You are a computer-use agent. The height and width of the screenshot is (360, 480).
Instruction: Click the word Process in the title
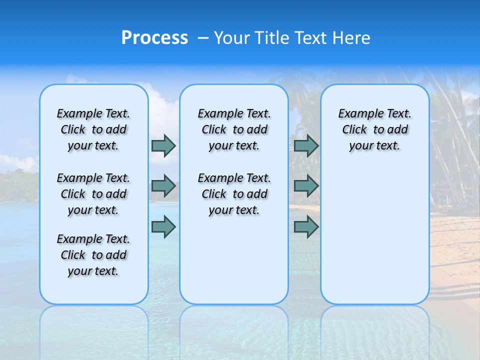pyautogui.click(x=154, y=38)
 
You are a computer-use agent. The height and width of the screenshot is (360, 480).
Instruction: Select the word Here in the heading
pyautogui.click(x=352, y=38)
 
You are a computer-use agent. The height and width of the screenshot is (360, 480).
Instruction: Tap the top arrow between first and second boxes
pyautogui.click(x=163, y=145)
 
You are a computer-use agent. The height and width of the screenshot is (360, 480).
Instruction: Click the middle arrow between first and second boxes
pyautogui.click(x=163, y=186)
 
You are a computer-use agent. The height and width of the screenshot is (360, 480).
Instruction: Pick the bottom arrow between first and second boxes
pyautogui.click(x=163, y=227)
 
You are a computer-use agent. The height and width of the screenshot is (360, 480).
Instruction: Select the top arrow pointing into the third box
pyautogui.click(x=306, y=145)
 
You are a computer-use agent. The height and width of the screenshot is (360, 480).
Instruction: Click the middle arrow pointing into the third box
pyautogui.click(x=306, y=186)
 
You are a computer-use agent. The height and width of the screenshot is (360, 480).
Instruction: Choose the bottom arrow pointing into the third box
pyautogui.click(x=306, y=227)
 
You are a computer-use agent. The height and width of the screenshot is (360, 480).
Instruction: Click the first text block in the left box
pyautogui.click(x=93, y=129)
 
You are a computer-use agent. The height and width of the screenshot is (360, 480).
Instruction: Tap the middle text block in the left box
pyautogui.click(x=93, y=194)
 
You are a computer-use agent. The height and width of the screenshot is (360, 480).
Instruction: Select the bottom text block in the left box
pyautogui.click(x=93, y=255)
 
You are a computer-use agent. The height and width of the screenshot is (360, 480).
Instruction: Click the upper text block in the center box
pyautogui.click(x=234, y=129)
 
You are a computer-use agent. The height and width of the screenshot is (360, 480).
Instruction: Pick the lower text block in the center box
pyautogui.click(x=234, y=194)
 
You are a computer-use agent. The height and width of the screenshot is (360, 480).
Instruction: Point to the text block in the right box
pyautogui.click(x=374, y=129)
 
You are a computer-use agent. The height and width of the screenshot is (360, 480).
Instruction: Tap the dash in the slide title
pyautogui.click(x=203, y=38)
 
